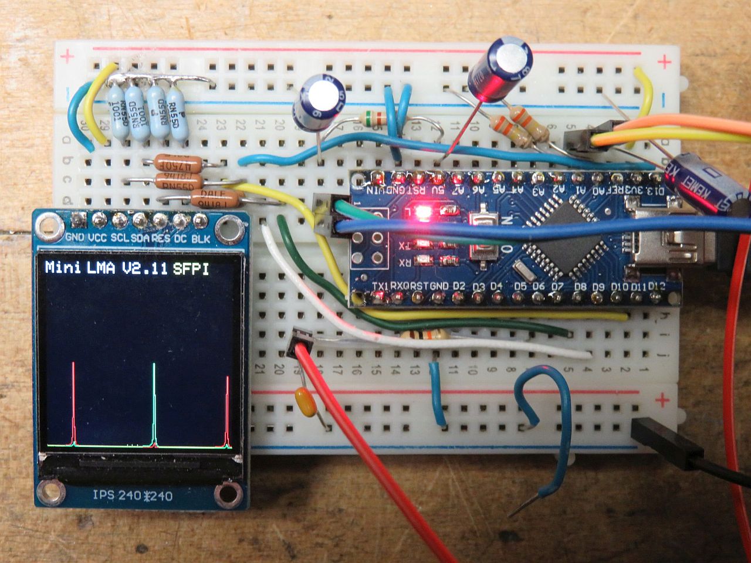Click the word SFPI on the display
[x=191, y=269]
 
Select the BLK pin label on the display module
[x=201, y=239]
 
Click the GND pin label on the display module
[x=75, y=239]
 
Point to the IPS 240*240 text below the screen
[x=133, y=496]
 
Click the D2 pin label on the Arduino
[x=459, y=286]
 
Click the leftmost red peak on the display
[x=73, y=405]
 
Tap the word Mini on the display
[x=63, y=268]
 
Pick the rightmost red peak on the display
[x=228, y=411]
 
